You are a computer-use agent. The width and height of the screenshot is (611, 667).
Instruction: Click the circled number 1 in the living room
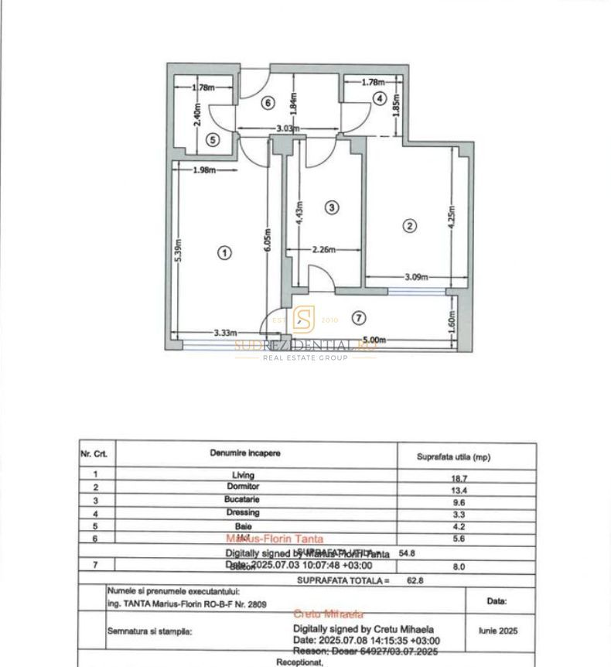click(x=224, y=252)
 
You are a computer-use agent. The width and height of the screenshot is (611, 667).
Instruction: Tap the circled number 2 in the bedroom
click(x=410, y=226)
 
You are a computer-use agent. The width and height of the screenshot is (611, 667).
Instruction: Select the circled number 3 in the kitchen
click(x=331, y=207)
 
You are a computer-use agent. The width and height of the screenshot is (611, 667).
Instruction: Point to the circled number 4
click(x=379, y=98)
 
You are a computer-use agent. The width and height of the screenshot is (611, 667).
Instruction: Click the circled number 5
click(x=213, y=139)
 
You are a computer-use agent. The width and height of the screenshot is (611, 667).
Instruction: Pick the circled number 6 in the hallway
click(x=268, y=103)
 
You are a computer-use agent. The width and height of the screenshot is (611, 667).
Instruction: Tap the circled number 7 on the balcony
click(x=357, y=317)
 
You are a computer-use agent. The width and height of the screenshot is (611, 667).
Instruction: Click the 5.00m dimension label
click(x=374, y=340)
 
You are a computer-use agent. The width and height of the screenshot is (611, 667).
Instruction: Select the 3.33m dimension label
click(x=225, y=333)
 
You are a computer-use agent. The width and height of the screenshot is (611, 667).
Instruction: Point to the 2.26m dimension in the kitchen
click(x=323, y=249)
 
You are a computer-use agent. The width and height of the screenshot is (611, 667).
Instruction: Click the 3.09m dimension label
click(x=417, y=277)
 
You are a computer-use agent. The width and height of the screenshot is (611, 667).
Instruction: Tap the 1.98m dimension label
click(x=203, y=170)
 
